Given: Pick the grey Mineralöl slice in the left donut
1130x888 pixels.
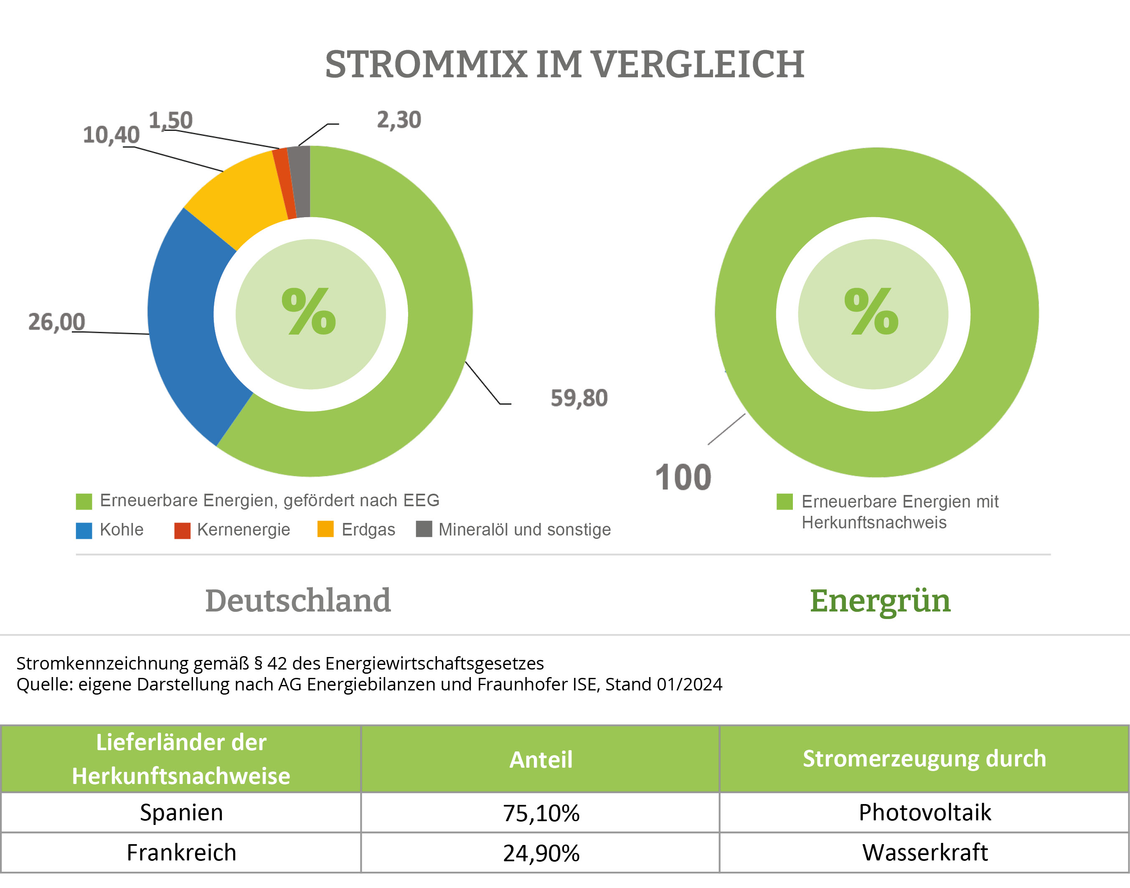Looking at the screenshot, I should (300, 181).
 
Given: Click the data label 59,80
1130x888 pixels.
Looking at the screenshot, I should (579, 398).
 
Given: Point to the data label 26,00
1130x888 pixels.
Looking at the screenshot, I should (56, 322).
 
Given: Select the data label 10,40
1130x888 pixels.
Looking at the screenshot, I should (111, 135).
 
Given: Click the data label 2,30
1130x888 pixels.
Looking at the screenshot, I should (399, 120).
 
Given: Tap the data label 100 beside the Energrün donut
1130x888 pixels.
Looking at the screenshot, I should (683, 477).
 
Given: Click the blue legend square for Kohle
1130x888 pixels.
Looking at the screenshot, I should (84, 530).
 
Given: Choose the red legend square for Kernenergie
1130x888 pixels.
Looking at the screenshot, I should (182, 530).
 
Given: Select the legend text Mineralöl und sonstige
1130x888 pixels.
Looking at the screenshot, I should (524, 530).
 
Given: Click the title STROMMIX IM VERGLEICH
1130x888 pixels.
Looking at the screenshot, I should (565, 64).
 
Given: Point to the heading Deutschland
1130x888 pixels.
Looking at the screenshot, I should (298, 601).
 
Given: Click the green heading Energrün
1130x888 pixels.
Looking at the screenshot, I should (880, 601).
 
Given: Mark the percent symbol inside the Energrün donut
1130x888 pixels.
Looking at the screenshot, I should (871, 312).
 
